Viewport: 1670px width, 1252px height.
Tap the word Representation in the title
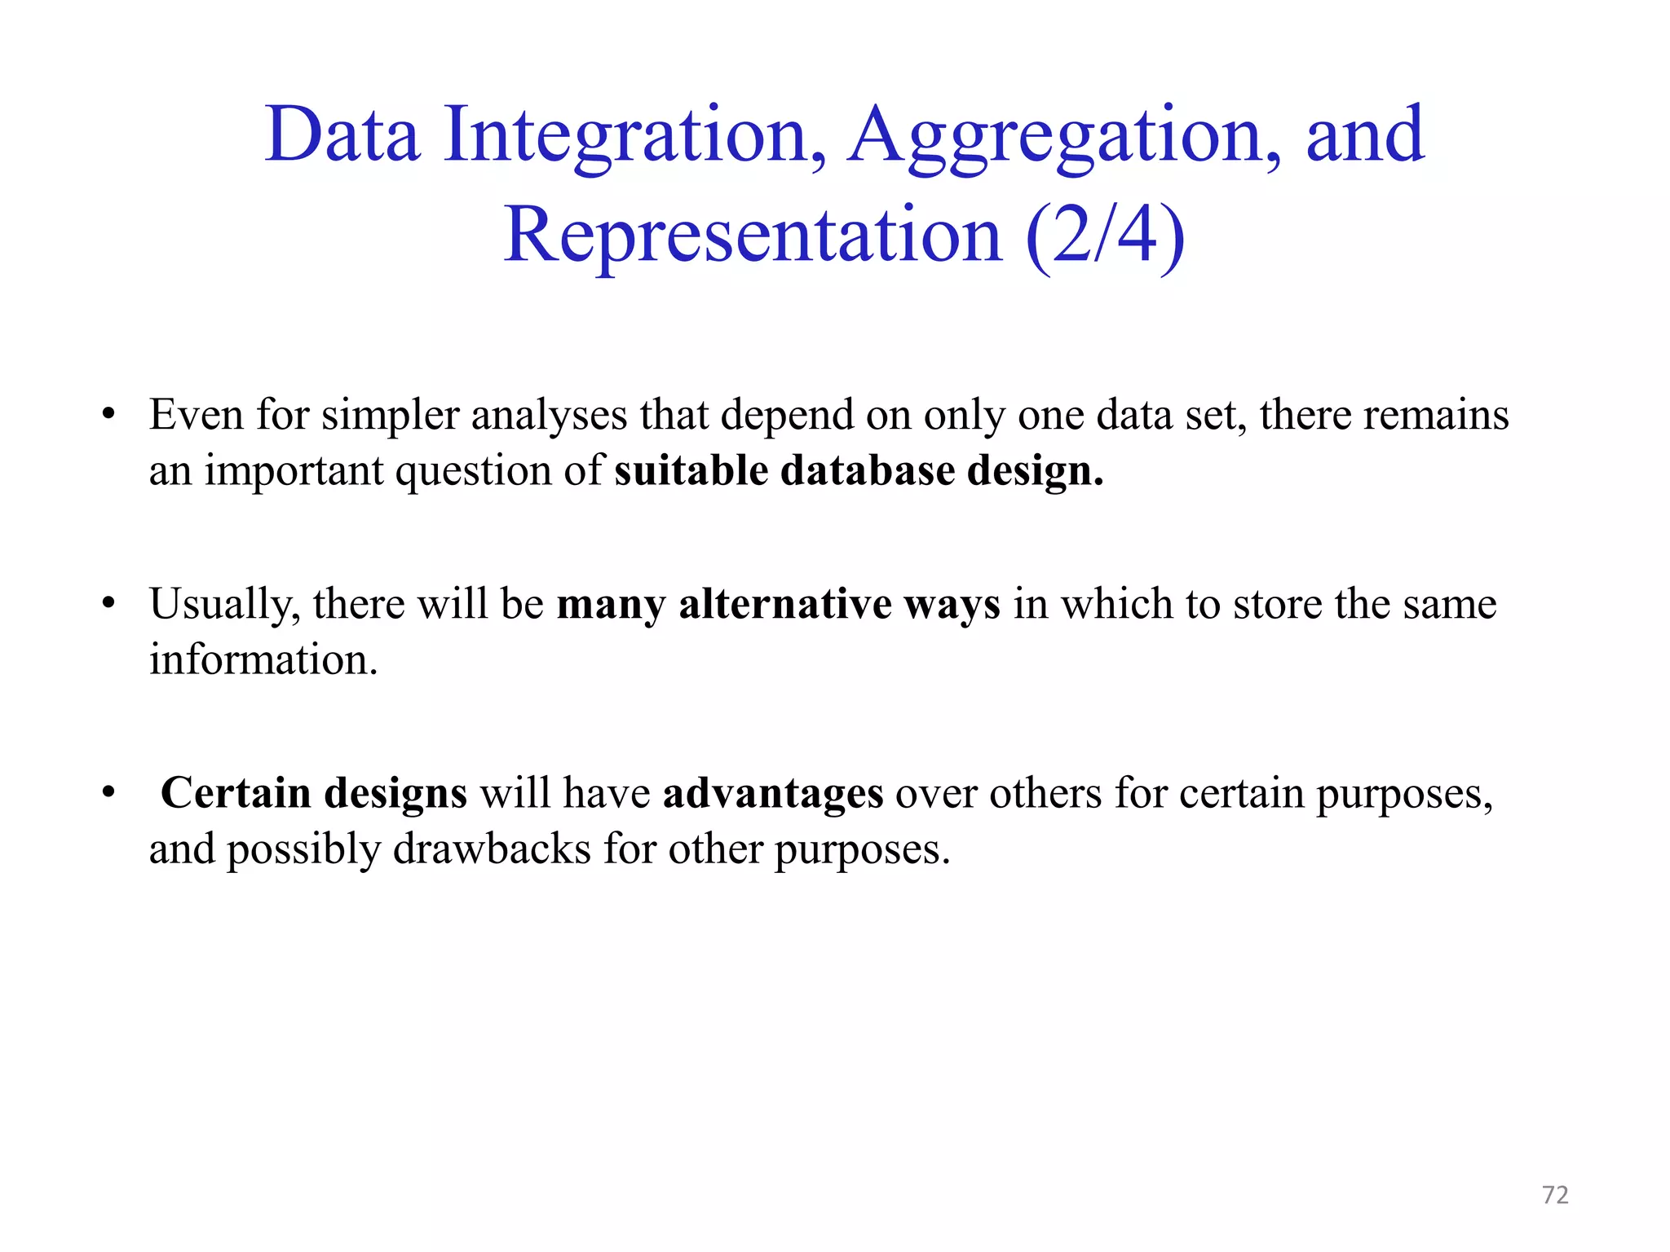(x=753, y=236)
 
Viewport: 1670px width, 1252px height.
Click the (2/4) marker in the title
(x=1105, y=236)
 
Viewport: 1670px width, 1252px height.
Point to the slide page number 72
(x=1555, y=1195)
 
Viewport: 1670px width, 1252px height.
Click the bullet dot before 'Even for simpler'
(x=108, y=415)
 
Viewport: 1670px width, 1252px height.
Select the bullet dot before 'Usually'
(x=108, y=604)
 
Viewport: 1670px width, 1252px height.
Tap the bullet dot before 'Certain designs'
(x=108, y=793)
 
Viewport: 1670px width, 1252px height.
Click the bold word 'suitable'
(x=691, y=470)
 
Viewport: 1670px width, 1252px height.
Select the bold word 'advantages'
(x=772, y=793)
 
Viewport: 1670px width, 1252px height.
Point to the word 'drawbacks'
(x=492, y=849)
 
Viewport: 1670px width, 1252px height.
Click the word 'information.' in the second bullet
(x=263, y=659)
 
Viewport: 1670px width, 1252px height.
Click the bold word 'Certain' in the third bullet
(x=235, y=793)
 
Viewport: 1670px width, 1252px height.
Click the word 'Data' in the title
(x=342, y=135)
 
